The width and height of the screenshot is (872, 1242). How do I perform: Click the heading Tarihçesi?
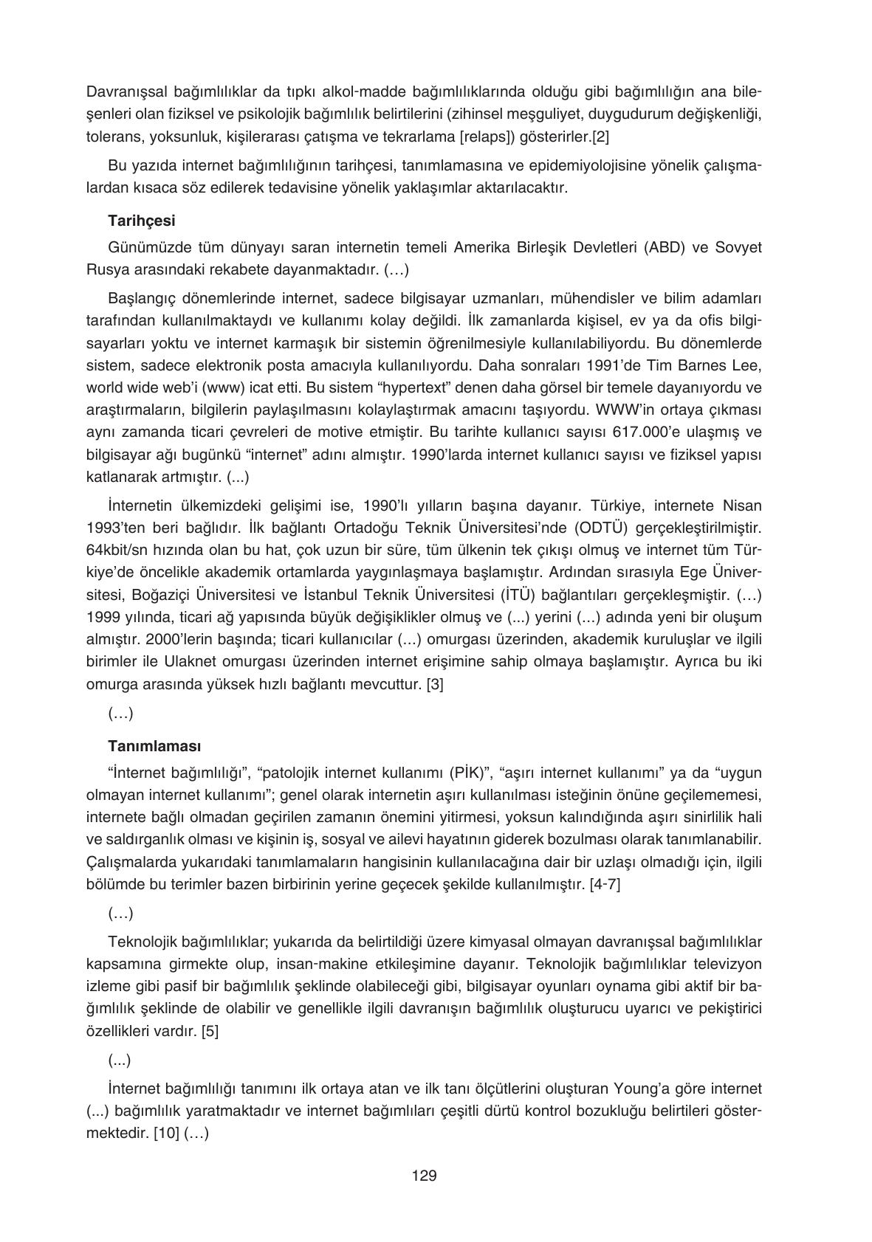(x=141, y=220)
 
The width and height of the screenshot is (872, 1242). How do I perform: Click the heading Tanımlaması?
(x=154, y=745)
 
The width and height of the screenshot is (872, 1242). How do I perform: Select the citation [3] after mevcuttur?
(x=435, y=684)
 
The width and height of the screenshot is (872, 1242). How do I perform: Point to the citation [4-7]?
(x=605, y=884)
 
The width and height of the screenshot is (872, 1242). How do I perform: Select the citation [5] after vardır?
(x=210, y=1031)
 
